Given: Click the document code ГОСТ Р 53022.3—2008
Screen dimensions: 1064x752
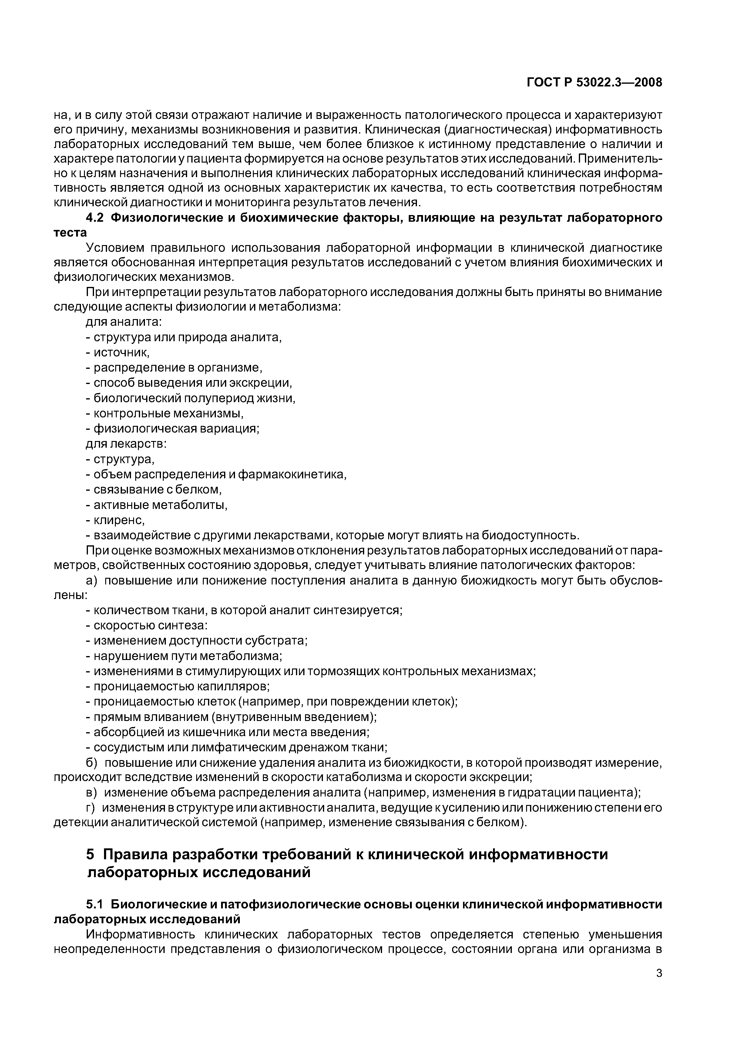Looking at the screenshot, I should click(x=594, y=82).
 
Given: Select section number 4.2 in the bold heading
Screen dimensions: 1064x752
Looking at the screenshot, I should click(x=96, y=218).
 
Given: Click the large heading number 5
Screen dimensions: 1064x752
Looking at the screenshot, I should click(x=90, y=854).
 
